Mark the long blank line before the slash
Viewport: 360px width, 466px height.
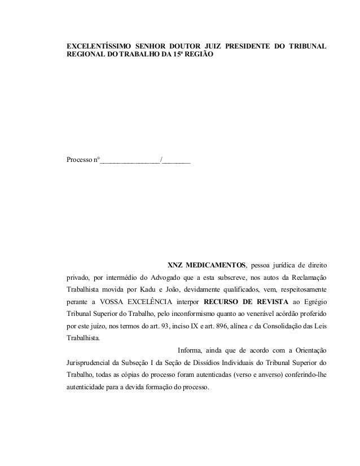pos(130,162)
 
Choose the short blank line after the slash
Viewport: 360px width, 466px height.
pos(177,162)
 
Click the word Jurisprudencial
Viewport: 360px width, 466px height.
pos(90,363)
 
